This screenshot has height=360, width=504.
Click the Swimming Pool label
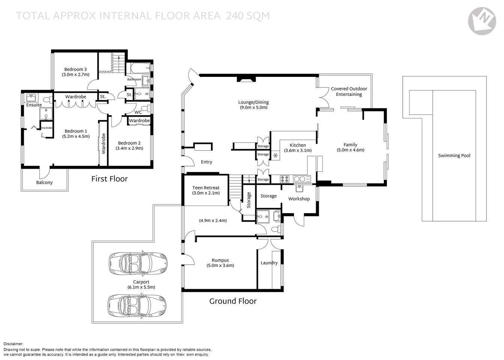tap(454, 156)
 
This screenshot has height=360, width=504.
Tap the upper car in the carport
tap(138, 263)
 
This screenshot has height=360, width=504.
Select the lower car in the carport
tap(137, 305)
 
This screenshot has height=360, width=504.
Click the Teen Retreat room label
tap(205, 188)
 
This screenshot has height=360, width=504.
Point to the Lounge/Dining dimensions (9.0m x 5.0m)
tap(253, 108)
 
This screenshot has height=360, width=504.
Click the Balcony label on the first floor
tap(44, 183)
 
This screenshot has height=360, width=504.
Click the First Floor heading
tap(109, 179)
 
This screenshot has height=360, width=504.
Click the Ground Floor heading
tap(233, 301)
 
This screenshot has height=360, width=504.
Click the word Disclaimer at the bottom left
tap(13, 344)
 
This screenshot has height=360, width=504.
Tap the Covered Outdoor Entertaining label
tap(349, 91)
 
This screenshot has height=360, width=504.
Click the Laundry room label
tap(269, 263)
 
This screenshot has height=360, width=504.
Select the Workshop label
tap(299, 199)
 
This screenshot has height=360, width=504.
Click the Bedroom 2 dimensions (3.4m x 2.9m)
tap(129, 148)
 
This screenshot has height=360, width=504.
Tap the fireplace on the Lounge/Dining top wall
tap(246, 79)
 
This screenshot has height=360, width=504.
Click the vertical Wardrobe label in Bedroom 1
tap(104, 144)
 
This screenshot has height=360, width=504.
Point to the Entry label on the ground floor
tap(206, 162)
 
